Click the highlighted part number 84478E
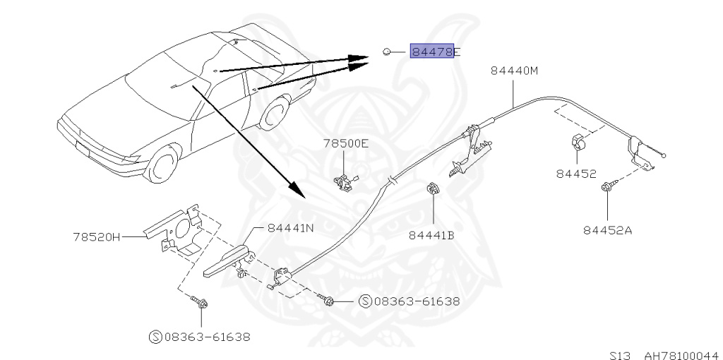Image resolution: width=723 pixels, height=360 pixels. coord(432,51)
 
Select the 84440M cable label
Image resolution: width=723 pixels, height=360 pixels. coord(514,71)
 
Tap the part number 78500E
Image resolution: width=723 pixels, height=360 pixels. coord(346,143)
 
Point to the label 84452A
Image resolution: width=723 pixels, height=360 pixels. coord(607,229)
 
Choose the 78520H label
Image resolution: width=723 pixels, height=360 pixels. coord(96,236)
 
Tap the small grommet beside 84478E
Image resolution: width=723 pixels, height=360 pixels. coord(388,51)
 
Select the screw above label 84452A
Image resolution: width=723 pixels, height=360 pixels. coord(607,188)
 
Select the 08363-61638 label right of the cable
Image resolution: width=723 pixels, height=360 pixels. coord(410,301)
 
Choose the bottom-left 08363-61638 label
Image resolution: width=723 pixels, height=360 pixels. coord(199,337)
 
